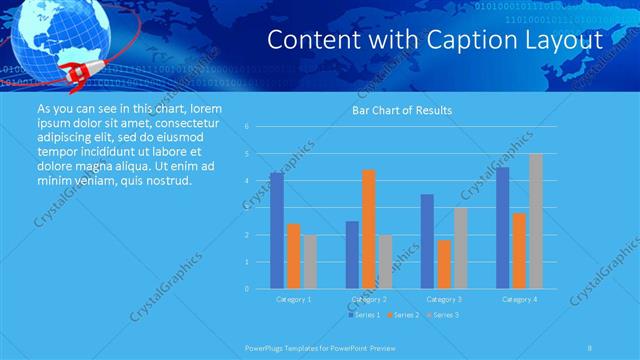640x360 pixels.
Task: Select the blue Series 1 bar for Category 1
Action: tap(277, 230)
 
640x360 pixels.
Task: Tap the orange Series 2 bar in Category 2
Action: tap(368, 229)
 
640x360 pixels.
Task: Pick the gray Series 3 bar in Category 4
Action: tap(536, 221)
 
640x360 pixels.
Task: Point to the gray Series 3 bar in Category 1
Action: tap(310, 262)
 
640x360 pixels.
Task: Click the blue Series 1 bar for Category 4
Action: tap(502, 228)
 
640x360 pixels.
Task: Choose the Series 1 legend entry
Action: tap(363, 315)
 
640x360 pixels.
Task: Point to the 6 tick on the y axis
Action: tap(247, 127)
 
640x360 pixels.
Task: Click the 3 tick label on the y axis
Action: tap(247, 208)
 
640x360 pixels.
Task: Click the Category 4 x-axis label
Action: tap(519, 299)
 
